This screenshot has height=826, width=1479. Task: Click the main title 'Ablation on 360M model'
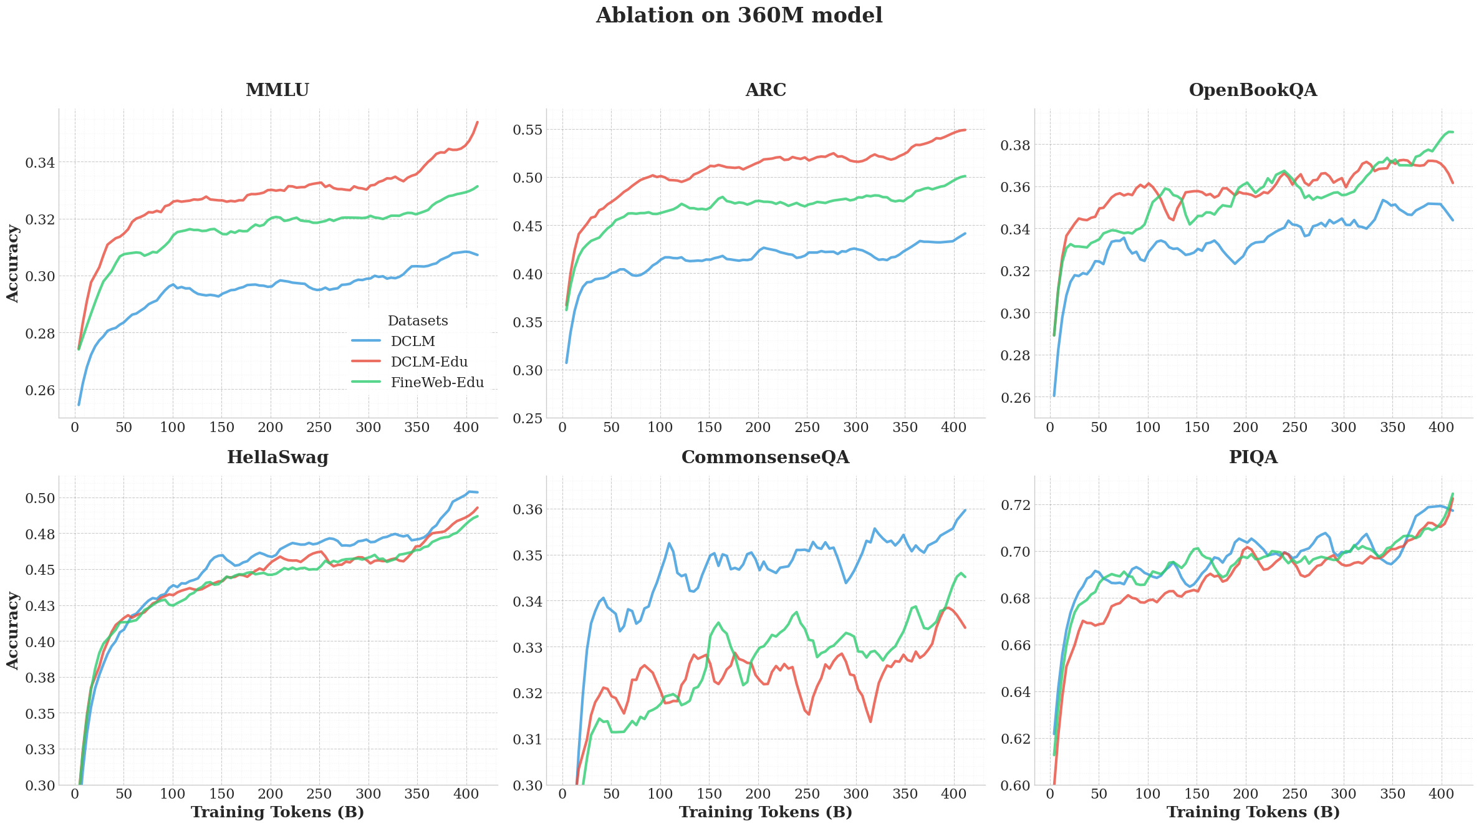[x=739, y=16]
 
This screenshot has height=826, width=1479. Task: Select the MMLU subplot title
[x=277, y=90]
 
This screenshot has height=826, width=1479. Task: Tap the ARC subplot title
[x=766, y=90]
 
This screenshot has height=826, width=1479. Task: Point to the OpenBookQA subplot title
[x=1253, y=90]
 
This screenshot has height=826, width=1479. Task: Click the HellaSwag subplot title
[x=277, y=458]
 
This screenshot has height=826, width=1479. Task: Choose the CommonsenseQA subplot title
[x=765, y=458]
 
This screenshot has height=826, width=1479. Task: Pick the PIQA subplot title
[x=1253, y=458]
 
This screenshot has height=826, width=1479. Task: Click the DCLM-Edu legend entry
[x=429, y=362]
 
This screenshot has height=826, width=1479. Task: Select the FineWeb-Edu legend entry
[x=437, y=383]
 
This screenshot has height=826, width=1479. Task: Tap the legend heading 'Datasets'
[x=418, y=321]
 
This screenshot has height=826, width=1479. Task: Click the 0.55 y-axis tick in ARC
[x=527, y=130]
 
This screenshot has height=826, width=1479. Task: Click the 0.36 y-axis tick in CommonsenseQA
[x=527, y=510]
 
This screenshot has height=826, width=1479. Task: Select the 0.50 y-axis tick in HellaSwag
[x=39, y=498]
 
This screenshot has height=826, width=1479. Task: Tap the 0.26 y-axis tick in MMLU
[x=39, y=390]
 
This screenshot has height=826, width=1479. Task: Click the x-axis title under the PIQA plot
[x=1253, y=812]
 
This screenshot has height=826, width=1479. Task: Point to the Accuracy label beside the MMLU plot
[x=13, y=264]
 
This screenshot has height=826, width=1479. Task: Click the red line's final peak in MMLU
[x=477, y=122]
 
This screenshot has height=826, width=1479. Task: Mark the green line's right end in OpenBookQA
[x=1452, y=132]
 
